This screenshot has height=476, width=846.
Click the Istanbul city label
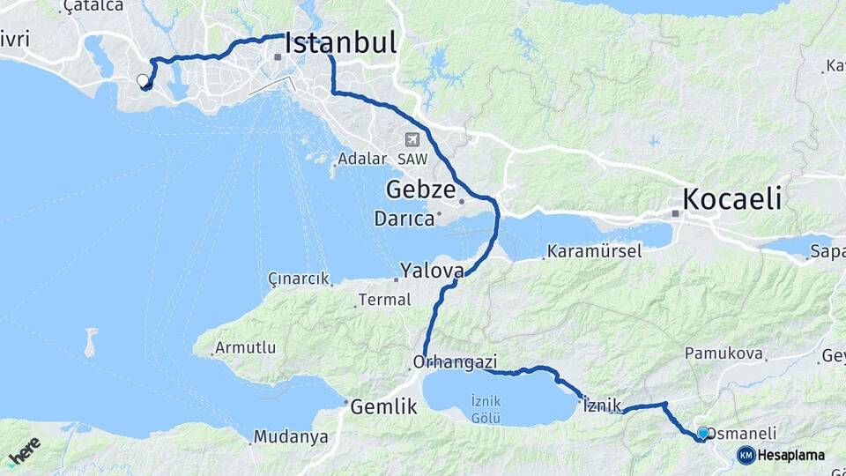point(340,45)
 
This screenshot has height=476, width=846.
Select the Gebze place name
point(420,190)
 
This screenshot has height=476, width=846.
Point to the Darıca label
point(404,218)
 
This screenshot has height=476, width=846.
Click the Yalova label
point(432,271)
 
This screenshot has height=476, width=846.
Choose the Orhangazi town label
point(456,362)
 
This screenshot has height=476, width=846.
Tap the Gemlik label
point(382,407)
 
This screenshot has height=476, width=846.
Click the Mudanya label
point(290,436)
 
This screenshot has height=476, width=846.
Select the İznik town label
point(603,405)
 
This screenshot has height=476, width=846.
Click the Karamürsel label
point(594,252)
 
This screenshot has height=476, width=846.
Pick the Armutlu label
point(246,348)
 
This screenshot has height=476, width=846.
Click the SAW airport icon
point(412,140)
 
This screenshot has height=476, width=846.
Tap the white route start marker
point(143,81)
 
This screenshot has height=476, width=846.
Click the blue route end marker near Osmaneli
point(702,434)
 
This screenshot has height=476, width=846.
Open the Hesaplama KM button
point(781,456)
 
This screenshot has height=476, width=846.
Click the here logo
point(24,450)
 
